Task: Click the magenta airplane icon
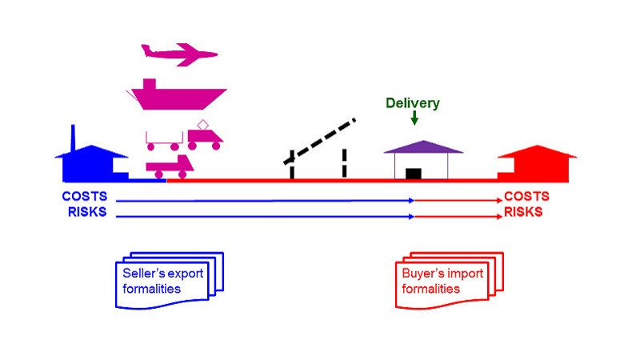coord(178,54)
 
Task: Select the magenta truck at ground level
coord(167,166)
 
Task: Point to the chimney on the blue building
coord(73,137)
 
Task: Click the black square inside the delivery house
coord(414,174)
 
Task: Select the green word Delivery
coord(413,103)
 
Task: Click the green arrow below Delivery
coord(414,118)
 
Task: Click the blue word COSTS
coord(84,198)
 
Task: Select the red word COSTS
coord(526,198)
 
